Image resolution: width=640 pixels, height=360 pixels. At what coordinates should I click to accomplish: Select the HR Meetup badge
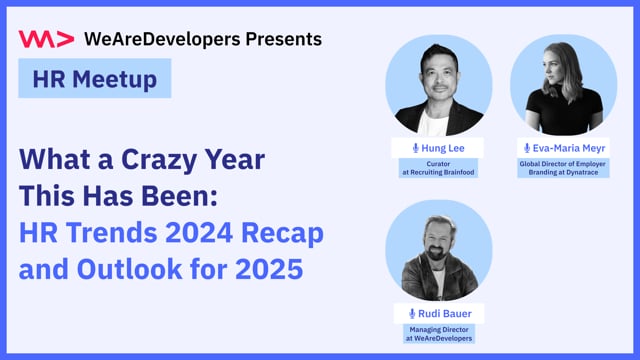click(95, 78)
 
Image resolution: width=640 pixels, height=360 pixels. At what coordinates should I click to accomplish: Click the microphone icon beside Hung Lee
click(415, 147)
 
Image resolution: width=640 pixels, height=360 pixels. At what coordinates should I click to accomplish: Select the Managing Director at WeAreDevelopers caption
click(438, 334)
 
